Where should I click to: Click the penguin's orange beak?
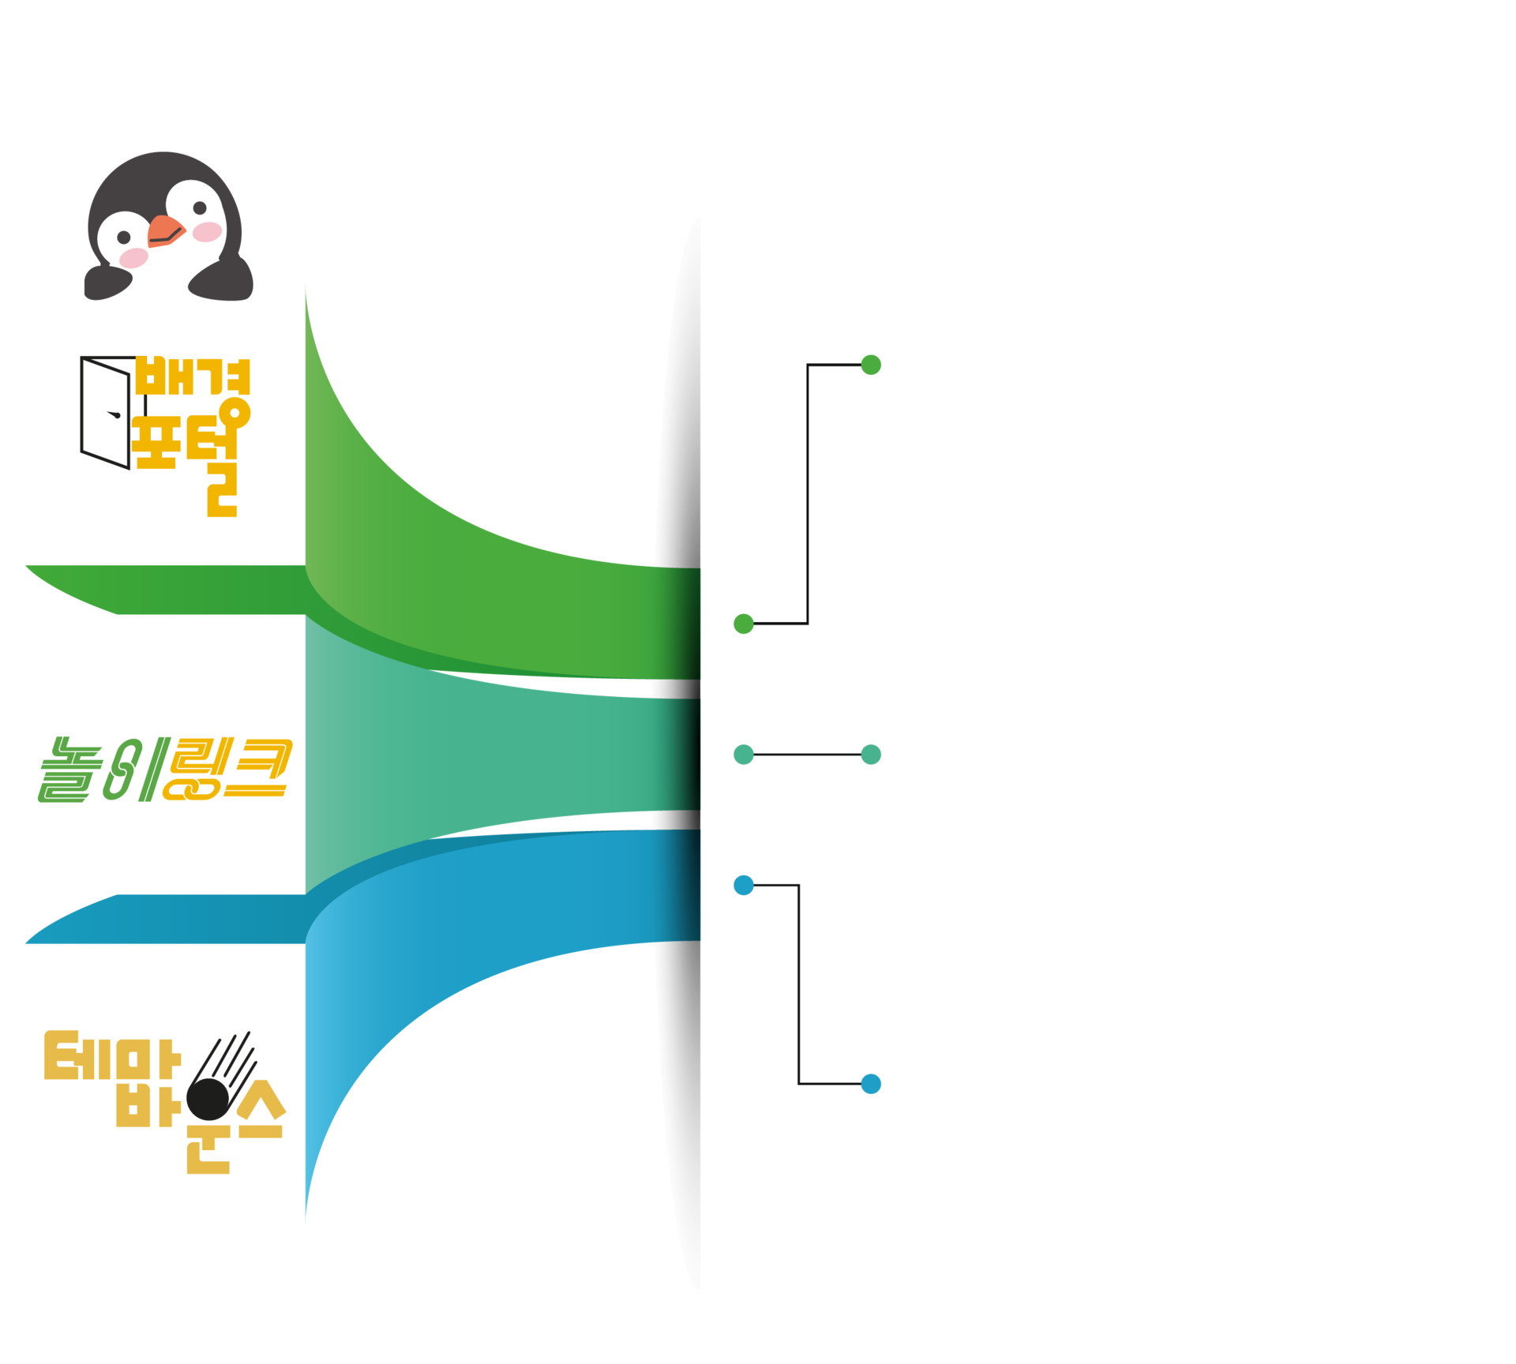pos(166,230)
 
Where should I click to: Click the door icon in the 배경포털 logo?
pos(105,412)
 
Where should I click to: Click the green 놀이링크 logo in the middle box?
pos(165,769)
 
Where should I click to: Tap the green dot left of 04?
pos(871,365)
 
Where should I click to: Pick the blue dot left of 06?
pos(871,1084)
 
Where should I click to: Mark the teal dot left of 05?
pos(871,755)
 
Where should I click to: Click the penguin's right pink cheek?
pos(208,231)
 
